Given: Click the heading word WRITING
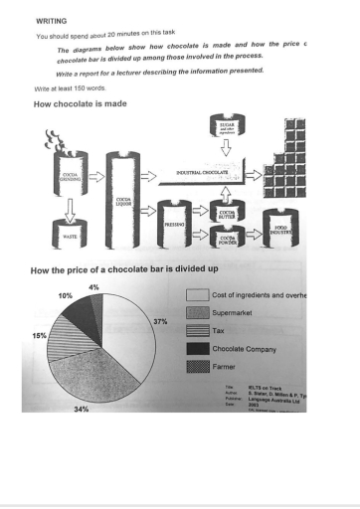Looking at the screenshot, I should tap(51, 19).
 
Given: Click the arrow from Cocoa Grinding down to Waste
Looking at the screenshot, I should tap(71, 208).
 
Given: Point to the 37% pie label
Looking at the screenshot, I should tap(160, 321).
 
